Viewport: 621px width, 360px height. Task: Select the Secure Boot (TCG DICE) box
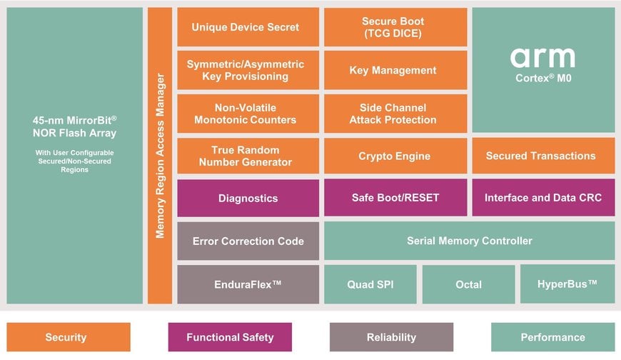pyautogui.click(x=395, y=27)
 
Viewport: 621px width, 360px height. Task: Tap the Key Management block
pyautogui.click(x=395, y=70)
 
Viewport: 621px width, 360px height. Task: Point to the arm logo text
pyautogui.click(x=542, y=57)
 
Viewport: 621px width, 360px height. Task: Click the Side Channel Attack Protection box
pyautogui.click(x=395, y=113)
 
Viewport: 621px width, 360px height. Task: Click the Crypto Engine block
pyautogui.click(x=395, y=156)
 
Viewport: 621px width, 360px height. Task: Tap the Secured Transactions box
pyautogui.click(x=542, y=156)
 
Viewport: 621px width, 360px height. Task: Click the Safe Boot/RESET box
pyautogui.click(x=395, y=198)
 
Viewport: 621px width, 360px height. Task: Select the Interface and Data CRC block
pyautogui.click(x=542, y=198)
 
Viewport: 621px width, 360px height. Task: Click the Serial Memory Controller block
pyautogui.click(x=469, y=241)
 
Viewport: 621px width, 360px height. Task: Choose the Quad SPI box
pyautogui.click(x=370, y=284)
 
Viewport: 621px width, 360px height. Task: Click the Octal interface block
pyautogui.click(x=468, y=284)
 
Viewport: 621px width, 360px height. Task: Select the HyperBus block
pyautogui.click(x=567, y=284)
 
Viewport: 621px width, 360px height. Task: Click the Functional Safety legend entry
pyautogui.click(x=230, y=337)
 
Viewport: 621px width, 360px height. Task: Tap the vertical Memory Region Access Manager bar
pyautogui.click(x=161, y=156)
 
